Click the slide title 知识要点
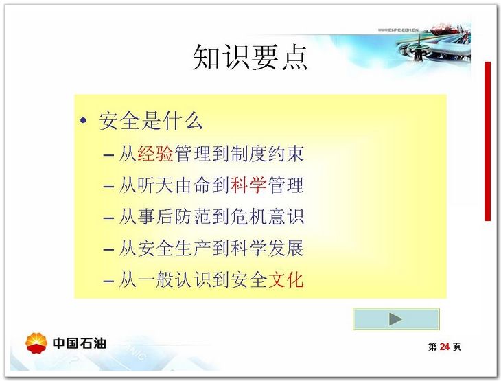click(250, 58)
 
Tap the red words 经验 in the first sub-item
click(156, 153)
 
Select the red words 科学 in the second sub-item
click(248, 185)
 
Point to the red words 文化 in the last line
click(286, 279)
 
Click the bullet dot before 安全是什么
click(84, 121)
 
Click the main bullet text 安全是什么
click(150, 121)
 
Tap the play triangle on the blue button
click(395, 319)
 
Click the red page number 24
click(445, 347)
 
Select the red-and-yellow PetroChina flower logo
click(36, 343)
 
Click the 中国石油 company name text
click(79, 343)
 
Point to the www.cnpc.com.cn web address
click(398, 30)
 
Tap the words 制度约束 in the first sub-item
click(267, 153)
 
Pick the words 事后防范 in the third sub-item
click(174, 217)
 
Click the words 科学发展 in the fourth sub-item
click(267, 249)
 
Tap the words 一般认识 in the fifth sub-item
click(174, 279)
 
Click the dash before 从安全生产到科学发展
click(108, 250)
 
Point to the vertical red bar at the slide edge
click(487, 141)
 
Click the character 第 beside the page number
click(432, 347)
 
